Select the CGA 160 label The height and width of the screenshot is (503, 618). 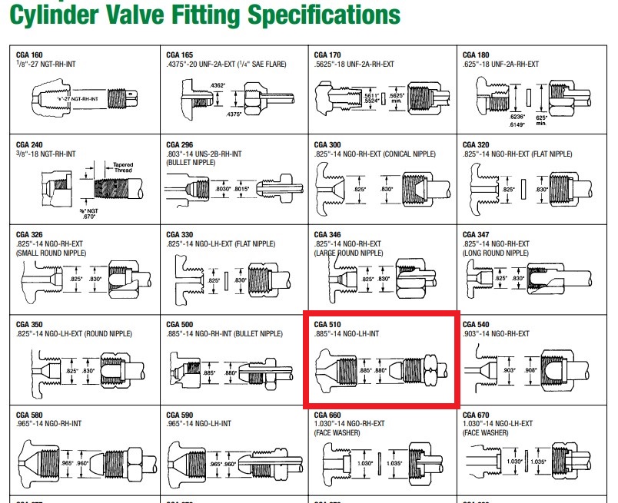tap(29, 55)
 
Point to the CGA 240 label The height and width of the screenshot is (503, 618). tap(29, 144)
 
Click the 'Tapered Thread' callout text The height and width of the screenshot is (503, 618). tap(123, 167)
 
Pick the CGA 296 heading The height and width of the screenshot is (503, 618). tap(180, 144)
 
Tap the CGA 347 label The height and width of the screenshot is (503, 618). tap(475, 234)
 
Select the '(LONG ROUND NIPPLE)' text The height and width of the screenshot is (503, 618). tap(496, 253)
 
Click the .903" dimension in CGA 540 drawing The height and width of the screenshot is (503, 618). tap(507, 370)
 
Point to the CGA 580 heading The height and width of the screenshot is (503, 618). tap(29, 415)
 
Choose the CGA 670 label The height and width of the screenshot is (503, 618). tap(475, 415)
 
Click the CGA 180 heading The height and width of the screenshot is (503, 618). tap(475, 55)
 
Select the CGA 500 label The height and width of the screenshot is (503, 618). tap(180, 324)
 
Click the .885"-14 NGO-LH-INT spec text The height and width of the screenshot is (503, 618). tap(348, 333)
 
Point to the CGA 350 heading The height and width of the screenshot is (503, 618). tap(29, 324)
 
